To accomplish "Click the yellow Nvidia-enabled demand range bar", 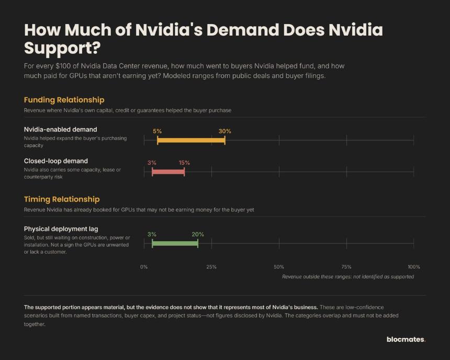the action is pyautogui.click(x=191, y=140).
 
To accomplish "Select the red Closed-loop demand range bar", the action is pyautogui.click(x=168, y=172).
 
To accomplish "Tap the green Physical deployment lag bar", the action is pyautogui.click(x=175, y=243).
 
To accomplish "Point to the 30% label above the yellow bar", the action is pyautogui.click(x=224, y=131).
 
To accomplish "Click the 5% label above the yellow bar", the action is pyautogui.click(x=157, y=131).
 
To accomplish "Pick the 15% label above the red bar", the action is pyautogui.click(x=184, y=163).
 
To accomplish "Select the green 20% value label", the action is pyautogui.click(x=198, y=234).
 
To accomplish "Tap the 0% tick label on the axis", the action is pyautogui.click(x=144, y=267).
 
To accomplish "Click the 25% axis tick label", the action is pyautogui.click(x=211, y=267).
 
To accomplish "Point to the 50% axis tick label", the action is pyautogui.click(x=279, y=267).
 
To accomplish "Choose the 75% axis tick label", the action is pyautogui.click(x=346, y=267).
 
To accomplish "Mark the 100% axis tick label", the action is pyautogui.click(x=414, y=267).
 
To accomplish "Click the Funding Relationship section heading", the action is pyautogui.click(x=64, y=100).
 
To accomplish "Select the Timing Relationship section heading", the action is pyautogui.click(x=62, y=199).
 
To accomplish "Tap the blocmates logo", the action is pyautogui.click(x=406, y=339).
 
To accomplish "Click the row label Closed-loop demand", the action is pyautogui.click(x=56, y=161).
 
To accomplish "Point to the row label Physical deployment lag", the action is pyautogui.click(x=61, y=229).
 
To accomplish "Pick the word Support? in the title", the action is pyautogui.click(x=62, y=48).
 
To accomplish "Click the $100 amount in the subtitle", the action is pyautogui.click(x=63, y=66).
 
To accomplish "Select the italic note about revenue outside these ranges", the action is pyautogui.click(x=348, y=277).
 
